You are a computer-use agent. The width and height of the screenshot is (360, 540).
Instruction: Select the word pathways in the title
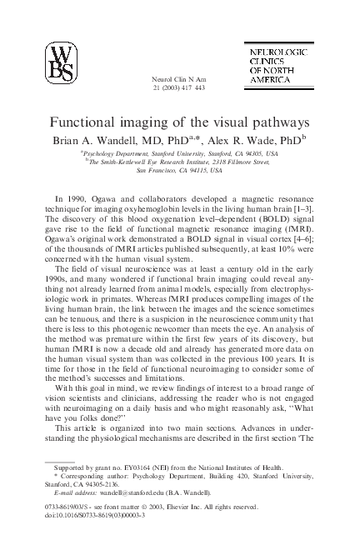tap(279, 121)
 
